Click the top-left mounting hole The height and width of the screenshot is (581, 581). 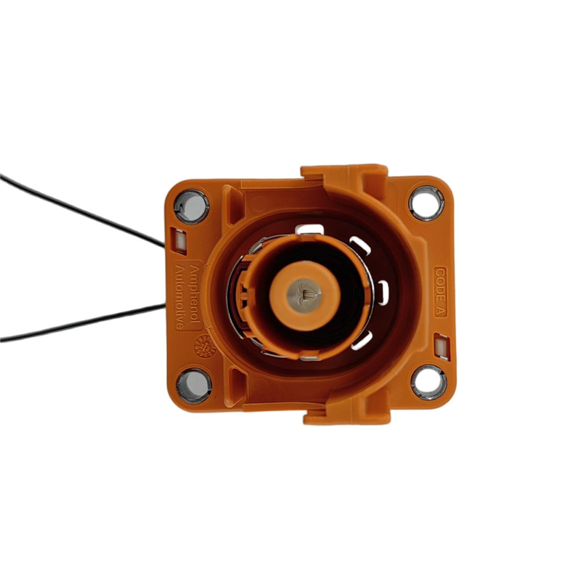191,206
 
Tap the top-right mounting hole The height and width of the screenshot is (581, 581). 426,202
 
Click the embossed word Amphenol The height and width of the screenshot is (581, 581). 193,285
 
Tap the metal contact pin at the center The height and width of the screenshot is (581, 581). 305,294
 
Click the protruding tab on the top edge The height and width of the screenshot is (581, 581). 344,174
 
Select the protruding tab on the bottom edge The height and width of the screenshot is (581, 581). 347,416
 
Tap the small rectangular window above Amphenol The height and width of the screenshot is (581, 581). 176,236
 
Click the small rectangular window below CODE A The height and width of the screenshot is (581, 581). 440,342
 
